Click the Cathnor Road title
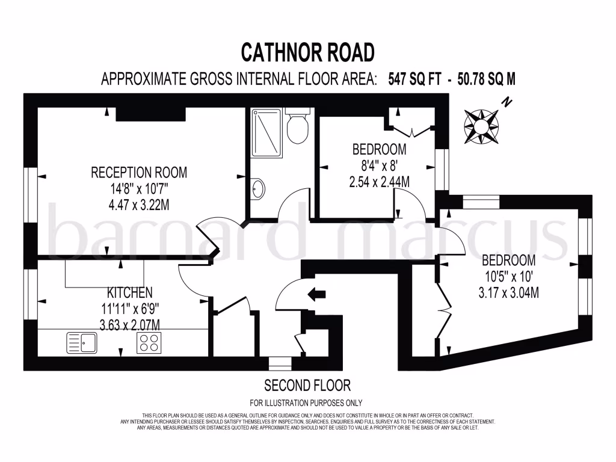(x=307, y=52)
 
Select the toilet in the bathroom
(x=297, y=128)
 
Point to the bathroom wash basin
(x=257, y=189)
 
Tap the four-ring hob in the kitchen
(x=149, y=343)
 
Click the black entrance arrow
(x=316, y=294)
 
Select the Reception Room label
(x=139, y=173)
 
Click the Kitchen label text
(x=129, y=293)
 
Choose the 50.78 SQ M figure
(x=480, y=79)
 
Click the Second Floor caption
(x=307, y=385)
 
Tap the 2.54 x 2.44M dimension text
(x=379, y=181)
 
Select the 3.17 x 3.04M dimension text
(x=509, y=293)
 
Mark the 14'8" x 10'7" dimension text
(x=139, y=188)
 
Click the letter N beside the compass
(x=507, y=103)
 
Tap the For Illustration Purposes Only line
(x=306, y=402)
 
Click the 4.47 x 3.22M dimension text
(x=139, y=205)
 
